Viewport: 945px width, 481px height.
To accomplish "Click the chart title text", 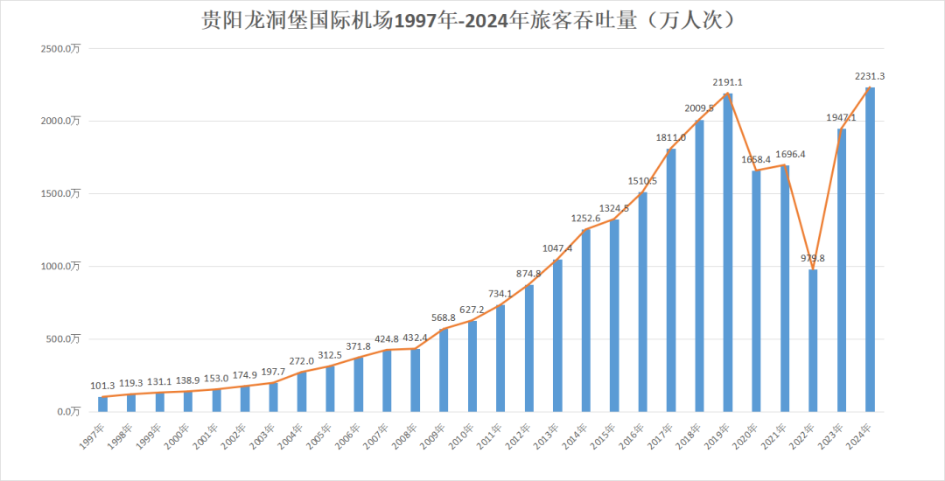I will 472,20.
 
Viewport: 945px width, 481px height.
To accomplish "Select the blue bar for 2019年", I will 728,254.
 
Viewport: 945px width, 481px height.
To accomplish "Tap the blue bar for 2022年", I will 813,341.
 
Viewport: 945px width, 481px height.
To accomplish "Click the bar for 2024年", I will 870,249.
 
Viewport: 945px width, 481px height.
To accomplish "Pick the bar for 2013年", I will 557,336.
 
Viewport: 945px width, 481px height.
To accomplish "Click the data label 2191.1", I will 728,82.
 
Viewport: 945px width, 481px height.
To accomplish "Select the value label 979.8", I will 813,258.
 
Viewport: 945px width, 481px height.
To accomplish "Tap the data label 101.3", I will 103,385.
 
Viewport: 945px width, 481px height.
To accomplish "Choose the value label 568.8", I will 444,317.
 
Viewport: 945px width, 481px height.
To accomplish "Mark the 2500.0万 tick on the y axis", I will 61,49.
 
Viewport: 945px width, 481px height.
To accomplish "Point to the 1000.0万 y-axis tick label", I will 61,266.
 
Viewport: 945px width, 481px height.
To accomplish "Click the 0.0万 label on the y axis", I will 66,411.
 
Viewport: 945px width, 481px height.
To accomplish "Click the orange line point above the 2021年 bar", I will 785,165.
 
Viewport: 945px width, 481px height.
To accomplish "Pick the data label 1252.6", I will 585,218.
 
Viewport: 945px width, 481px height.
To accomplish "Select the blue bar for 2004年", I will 302,392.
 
